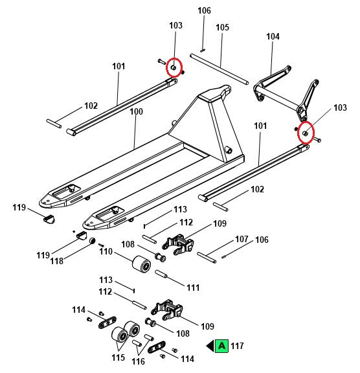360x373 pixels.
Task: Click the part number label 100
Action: [136, 111]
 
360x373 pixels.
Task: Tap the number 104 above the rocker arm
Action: [273, 36]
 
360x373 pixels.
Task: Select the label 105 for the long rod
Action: [222, 27]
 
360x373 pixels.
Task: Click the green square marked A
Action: [221, 346]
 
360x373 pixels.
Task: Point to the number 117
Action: [237, 346]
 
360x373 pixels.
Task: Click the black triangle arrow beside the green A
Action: [210, 346]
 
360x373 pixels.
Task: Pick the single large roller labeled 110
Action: [141, 266]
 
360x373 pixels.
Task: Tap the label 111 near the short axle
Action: [193, 288]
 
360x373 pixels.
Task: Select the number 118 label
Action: [56, 261]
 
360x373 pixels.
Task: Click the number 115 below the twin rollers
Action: [118, 357]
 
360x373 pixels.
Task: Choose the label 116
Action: [138, 361]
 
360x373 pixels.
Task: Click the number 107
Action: [242, 239]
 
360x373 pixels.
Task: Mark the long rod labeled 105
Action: [219, 69]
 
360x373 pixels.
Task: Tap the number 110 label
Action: [106, 251]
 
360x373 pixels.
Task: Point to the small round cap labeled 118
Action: [92, 241]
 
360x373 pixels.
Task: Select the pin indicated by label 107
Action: [207, 258]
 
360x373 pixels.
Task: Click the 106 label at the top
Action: [204, 10]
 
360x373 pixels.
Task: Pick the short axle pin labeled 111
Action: [161, 274]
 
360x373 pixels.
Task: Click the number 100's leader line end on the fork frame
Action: [134, 149]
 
